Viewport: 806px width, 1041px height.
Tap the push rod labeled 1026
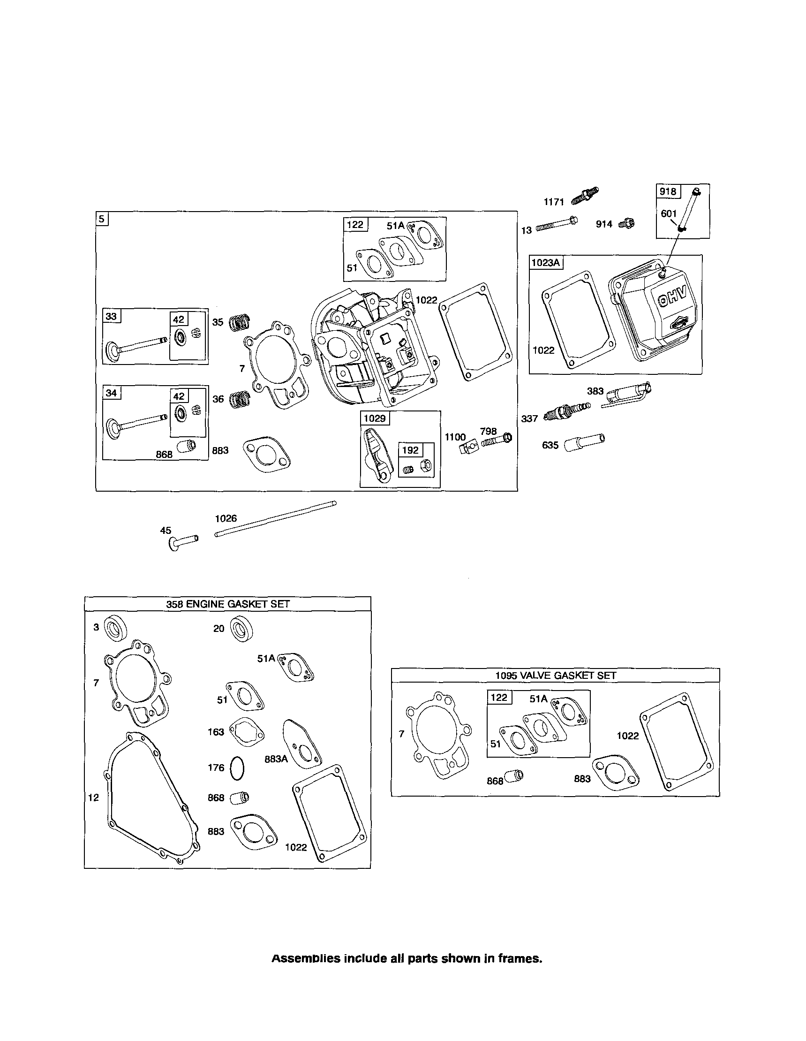pos(275,518)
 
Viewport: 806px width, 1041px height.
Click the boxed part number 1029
pos(375,418)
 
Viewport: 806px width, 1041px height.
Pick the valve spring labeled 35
pos(240,323)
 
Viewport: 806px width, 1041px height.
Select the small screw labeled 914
pos(626,223)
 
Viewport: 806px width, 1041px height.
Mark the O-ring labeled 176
pos(237,768)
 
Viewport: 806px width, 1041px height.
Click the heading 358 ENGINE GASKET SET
pos(228,604)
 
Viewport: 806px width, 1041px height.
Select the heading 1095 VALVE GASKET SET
pos(555,676)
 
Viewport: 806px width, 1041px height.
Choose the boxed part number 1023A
pos(546,262)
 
